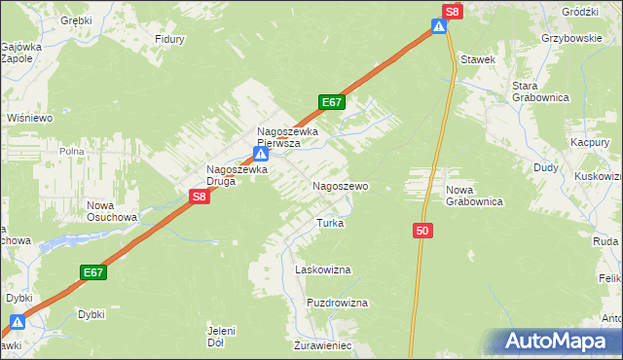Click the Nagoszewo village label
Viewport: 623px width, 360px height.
pyautogui.click(x=339, y=185)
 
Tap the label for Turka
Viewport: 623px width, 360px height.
pyautogui.click(x=330, y=223)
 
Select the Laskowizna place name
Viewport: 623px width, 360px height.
pyautogui.click(x=322, y=269)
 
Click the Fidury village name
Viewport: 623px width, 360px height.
pyautogui.click(x=170, y=40)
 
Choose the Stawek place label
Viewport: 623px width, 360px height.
pyautogui.click(x=479, y=59)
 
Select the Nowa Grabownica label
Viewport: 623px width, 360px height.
pyautogui.click(x=473, y=196)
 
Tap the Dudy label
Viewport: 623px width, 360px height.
pyautogui.click(x=545, y=167)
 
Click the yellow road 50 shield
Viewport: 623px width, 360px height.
pyautogui.click(x=421, y=231)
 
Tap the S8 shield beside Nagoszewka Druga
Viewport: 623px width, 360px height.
pyautogui.click(x=199, y=197)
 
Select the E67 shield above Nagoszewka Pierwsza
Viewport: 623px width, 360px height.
pyautogui.click(x=331, y=102)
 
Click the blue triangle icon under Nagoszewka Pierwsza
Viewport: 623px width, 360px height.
pyautogui.click(x=260, y=154)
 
